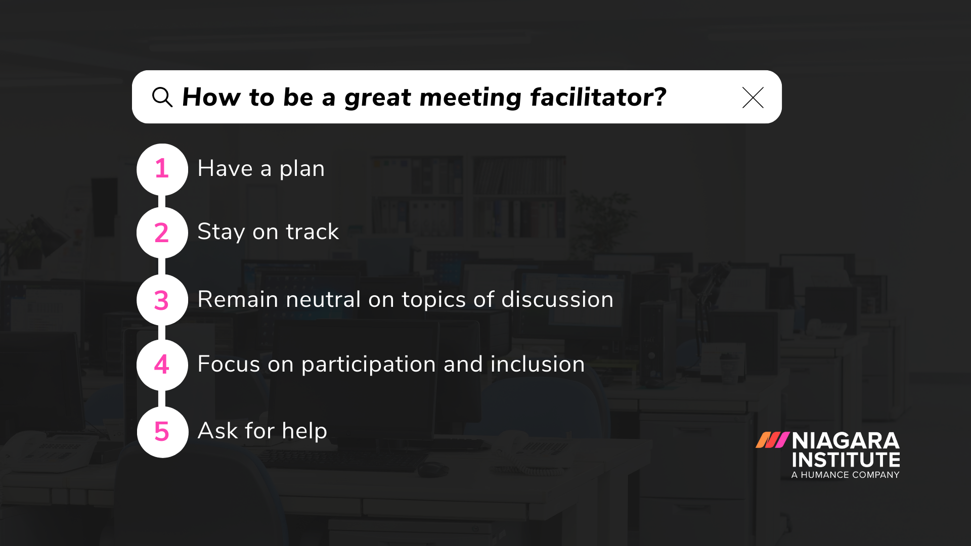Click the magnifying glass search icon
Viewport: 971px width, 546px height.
pos(162,97)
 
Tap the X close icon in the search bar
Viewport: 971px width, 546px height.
pos(753,98)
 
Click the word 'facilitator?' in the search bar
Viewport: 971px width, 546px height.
pos(598,97)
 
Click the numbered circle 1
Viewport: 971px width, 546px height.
pos(162,169)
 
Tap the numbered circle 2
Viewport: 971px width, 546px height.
pos(162,233)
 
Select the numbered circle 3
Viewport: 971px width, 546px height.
pos(162,300)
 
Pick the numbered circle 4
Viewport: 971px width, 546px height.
pos(162,365)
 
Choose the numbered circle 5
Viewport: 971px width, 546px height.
pos(162,432)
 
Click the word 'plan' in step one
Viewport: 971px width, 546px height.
pos(302,169)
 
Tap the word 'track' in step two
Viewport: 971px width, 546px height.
pos(312,232)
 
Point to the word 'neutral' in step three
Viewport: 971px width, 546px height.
pos(323,299)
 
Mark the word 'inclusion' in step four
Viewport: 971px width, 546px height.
pos(537,364)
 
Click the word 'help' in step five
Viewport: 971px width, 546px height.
pos(304,431)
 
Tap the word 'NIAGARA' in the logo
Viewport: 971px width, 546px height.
pos(846,441)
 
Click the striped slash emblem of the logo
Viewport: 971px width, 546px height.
pos(772,440)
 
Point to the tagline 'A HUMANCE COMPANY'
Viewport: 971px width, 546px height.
pos(845,475)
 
